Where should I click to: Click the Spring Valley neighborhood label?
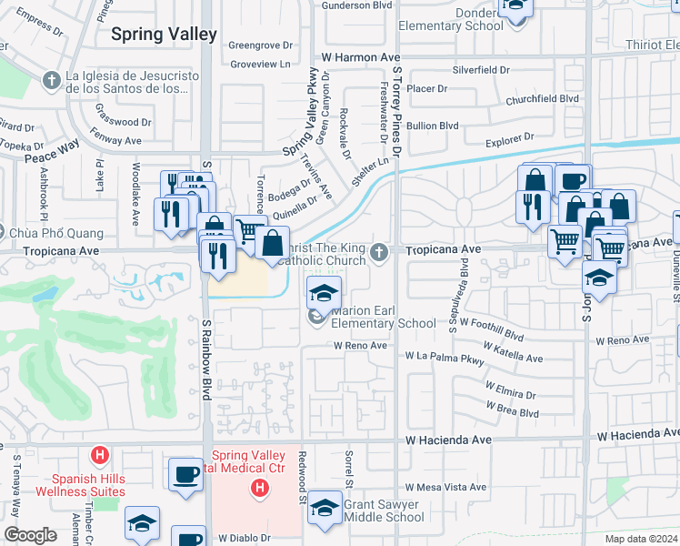click(x=164, y=35)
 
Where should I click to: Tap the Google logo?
click(x=30, y=535)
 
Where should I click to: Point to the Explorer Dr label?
click(x=509, y=138)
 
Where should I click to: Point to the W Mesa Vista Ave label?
click(x=445, y=488)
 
